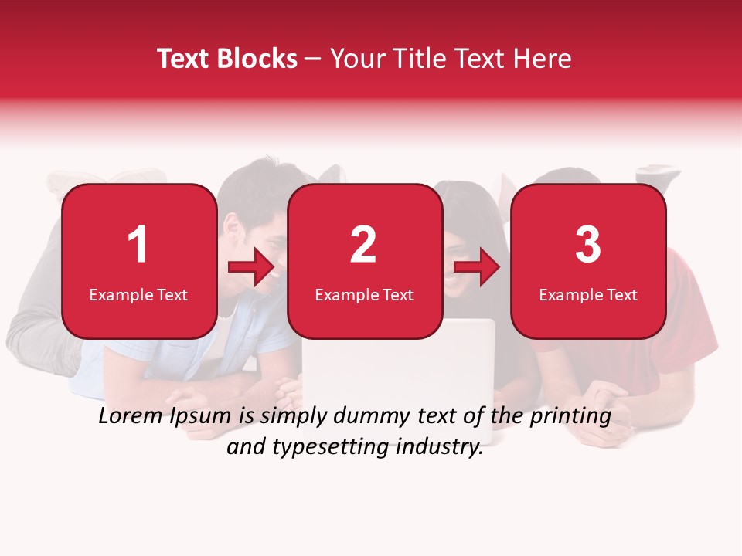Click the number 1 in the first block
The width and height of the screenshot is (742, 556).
[x=138, y=245]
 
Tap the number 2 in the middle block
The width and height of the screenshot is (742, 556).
[x=363, y=245]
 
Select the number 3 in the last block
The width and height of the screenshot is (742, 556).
[x=588, y=245]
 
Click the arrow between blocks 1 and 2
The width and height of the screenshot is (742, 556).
[x=251, y=267]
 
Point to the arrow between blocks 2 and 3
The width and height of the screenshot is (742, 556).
[x=476, y=267]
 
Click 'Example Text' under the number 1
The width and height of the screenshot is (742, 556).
[x=138, y=295]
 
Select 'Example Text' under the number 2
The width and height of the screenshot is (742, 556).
[x=364, y=295]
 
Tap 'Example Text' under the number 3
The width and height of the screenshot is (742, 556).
[x=588, y=295]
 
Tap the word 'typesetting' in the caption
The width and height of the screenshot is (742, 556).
[x=318, y=447]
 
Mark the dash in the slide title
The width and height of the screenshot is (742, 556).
[x=313, y=59]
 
